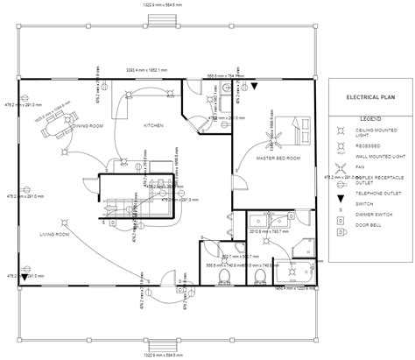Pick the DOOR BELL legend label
click(x=366, y=224)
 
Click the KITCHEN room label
click(x=155, y=125)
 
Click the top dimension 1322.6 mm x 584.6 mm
click(x=207, y=5)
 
